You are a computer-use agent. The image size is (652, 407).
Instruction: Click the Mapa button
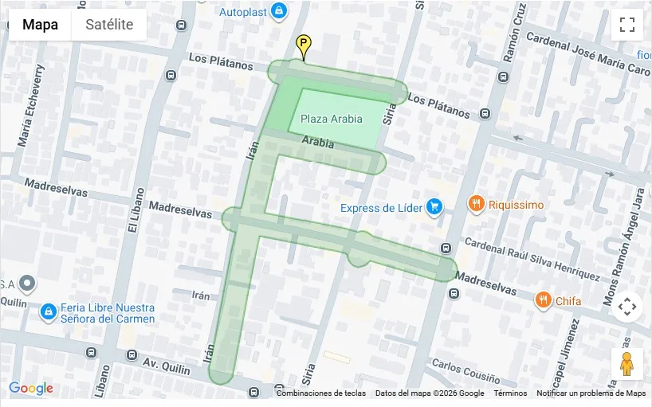[40, 25]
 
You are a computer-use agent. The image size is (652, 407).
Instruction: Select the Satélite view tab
[109, 25]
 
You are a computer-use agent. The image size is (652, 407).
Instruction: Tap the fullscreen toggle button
[626, 25]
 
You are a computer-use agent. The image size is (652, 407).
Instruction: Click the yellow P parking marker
[303, 45]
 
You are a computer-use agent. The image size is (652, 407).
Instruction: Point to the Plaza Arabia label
[331, 119]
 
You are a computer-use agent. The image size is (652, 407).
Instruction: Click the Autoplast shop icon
[278, 11]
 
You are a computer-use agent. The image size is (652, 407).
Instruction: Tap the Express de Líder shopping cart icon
[434, 207]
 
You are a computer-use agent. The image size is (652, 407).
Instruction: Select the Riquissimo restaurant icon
[476, 204]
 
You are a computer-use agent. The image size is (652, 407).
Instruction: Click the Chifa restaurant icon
[543, 300]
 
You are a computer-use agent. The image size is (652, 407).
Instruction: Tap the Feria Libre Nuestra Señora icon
[48, 311]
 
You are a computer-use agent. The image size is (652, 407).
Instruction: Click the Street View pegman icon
[626, 364]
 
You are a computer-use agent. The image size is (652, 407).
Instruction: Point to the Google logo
[31, 389]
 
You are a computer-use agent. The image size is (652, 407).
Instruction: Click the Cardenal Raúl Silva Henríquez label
[531, 258]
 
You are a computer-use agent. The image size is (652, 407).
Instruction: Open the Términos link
[510, 393]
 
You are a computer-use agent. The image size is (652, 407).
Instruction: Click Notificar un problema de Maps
[591, 393]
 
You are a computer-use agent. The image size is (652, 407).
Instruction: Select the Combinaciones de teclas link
[320, 393]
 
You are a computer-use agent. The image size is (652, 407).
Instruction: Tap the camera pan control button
[626, 307]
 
